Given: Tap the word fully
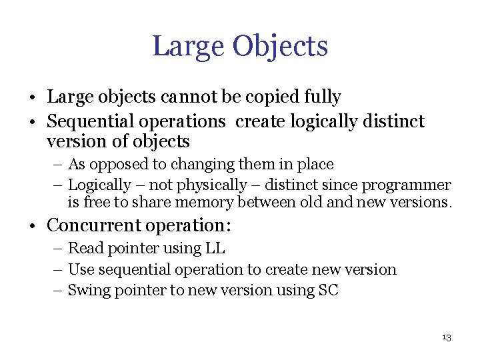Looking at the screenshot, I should point(323,97).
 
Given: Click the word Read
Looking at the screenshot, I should point(85,249).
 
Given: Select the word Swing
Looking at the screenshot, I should point(88,290).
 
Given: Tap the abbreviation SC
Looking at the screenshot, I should point(328,290).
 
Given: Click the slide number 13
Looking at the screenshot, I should point(446,338).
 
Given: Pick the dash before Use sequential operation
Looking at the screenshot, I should point(59,270).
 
